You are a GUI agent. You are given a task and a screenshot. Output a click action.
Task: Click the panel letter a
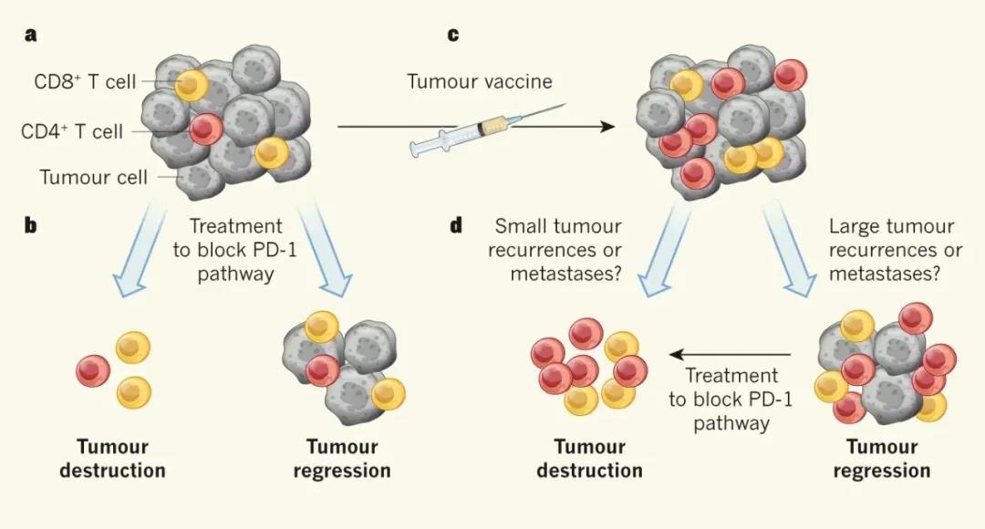tap(32, 36)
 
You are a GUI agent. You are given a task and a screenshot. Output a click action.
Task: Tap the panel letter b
tap(32, 225)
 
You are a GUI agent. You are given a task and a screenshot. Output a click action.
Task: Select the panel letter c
tap(453, 36)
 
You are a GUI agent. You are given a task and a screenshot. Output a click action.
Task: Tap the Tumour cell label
tap(93, 177)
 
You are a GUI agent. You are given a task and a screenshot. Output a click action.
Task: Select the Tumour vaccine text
tap(480, 82)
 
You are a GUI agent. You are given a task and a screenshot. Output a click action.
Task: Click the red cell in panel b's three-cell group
tap(93, 370)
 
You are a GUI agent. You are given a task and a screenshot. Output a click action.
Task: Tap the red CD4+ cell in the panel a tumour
tap(206, 129)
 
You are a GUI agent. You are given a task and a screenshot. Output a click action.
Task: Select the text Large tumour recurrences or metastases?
tap(892, 250)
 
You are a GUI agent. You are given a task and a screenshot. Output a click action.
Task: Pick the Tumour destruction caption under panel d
tap(589, 459)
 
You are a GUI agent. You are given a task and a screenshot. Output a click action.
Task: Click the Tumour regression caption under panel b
tap(348, 459)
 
